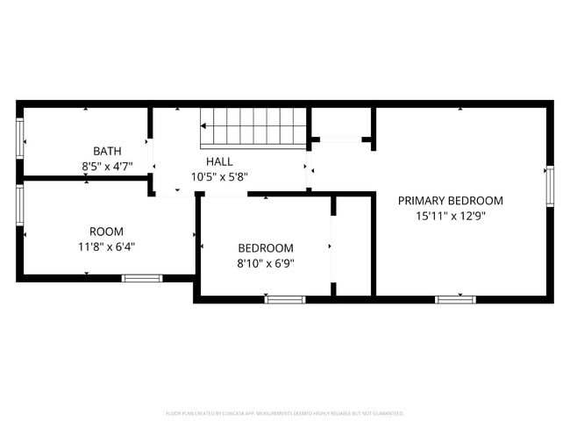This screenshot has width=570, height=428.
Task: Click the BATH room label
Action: pos(107,150)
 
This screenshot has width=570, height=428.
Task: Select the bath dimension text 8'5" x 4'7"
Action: pos(107,164)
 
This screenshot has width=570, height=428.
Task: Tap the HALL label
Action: pos(219,161)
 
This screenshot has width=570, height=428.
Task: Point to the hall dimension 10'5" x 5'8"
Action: pos(219,176)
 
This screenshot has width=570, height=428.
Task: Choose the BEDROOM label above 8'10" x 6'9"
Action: pos(266,248)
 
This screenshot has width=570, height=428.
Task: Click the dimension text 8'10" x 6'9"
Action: pos(266,262)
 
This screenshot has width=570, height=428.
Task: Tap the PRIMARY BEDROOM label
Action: pos(451,200)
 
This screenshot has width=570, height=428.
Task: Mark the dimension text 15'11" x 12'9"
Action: pos(451,215)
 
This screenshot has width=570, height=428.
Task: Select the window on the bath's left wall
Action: pos(19,138)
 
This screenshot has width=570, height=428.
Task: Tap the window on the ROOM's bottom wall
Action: pos(141,278)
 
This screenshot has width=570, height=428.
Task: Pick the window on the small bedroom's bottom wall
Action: pos(285,300)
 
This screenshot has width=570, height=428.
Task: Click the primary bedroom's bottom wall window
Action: pos(455,300)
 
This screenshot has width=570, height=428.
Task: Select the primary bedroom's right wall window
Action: pos(550,185)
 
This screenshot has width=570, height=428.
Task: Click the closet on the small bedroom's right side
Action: pos(353,246)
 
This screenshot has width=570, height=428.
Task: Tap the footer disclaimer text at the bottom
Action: pos(285,413)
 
